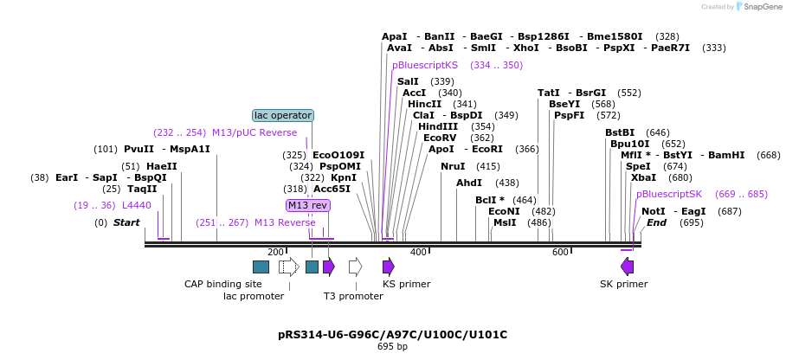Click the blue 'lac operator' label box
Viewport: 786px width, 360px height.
(x=283, y=115)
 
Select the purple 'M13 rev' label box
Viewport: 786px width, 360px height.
(x=308, y=205)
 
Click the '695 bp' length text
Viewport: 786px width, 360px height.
(x=392, y=347)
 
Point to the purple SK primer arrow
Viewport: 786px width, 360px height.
(x=627, y=267)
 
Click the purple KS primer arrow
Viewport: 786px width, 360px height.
(x=389, y=267)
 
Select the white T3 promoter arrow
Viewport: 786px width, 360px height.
(x=355, y=267)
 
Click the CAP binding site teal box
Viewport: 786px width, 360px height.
(x=261, y=267)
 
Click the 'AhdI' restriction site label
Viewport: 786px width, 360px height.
(x=468, y=183)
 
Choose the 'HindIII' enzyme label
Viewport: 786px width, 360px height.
(x=439, y=126)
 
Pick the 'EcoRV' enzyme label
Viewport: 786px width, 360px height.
(x=440, y=138)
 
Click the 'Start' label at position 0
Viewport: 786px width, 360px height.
(x=126, y=222)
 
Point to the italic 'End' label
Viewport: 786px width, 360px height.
(x=656, y=222)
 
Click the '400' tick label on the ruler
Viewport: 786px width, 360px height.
(x=418, y=252)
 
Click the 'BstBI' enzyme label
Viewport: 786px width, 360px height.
(x=620, y=132)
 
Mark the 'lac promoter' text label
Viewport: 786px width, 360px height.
(x=254, y=296)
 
